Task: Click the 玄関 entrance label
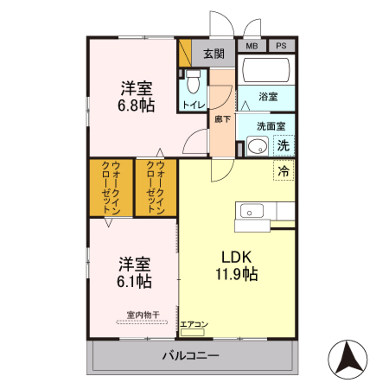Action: (x=214, y=54)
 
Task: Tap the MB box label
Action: (x=252, y=46)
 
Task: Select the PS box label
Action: (x=281, y=46)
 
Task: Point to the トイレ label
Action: (x=193, y=105)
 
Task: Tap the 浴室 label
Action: (x=269, y=99)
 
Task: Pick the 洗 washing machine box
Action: (x=283, y=145)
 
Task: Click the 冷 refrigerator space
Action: (x=283, y=171)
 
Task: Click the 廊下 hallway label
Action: (x=222, y=119)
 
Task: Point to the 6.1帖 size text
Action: (x=135, y=281)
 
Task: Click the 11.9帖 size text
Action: (x=237, y=274)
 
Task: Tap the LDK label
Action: (x=235, y=256)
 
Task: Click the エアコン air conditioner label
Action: (x=194, y=325)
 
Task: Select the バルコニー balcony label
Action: (x=190, y=355)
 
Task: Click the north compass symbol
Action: (x=349, y=356)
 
